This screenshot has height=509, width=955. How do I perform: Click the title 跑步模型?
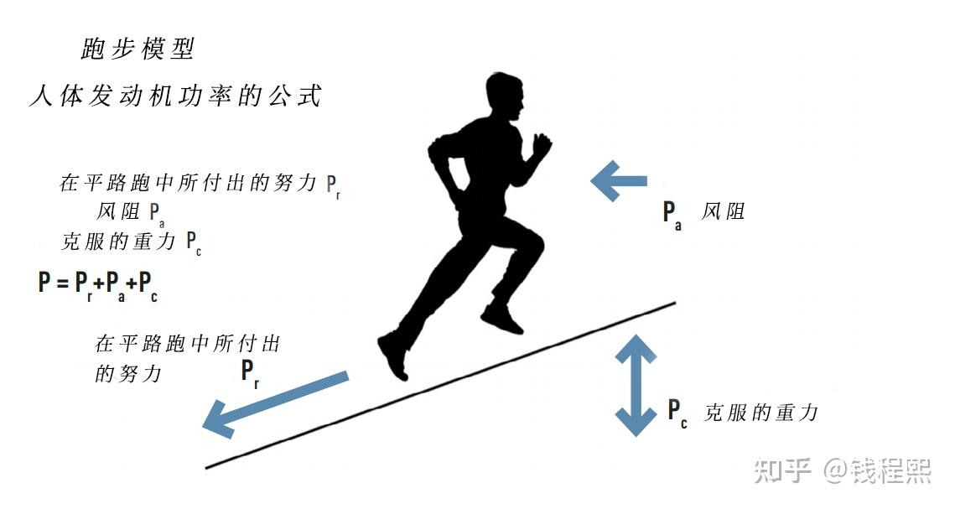point(138,49)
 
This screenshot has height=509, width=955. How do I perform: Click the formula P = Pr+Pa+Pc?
point(98,284)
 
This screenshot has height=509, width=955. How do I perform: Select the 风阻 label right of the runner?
point(723,211)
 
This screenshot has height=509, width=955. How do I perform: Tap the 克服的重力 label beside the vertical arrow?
point(760,413)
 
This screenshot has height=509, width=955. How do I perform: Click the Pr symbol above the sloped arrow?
point(250,371)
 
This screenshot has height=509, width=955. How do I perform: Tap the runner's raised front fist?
point(542,143)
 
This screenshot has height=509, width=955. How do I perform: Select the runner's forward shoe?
point(501,319)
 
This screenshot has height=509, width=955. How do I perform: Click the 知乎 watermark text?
point(782,471)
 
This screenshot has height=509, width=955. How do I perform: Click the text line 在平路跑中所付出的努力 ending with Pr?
point(200,184)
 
